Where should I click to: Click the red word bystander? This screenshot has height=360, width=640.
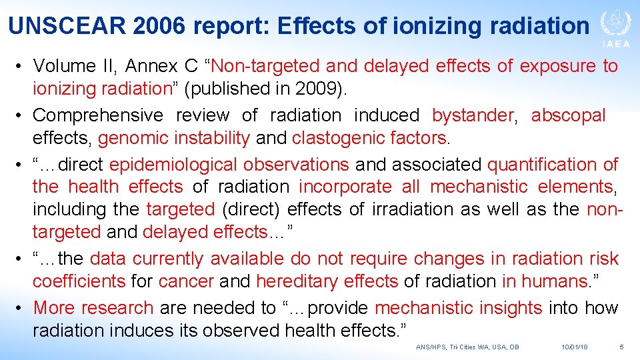[x=473, y=115]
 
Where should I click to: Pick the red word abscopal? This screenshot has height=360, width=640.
[x=569, y=115]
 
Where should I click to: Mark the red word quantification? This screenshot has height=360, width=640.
[x=545, y=165]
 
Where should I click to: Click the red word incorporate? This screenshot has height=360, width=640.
[x=345, y=187]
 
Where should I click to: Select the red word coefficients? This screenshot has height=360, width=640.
[x=79, y=281]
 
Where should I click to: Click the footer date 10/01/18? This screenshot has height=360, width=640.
[x=575, y=347]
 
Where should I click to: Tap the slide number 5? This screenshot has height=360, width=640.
[x=621, y=347]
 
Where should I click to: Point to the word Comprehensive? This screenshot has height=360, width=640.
[x=98, y=115]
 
